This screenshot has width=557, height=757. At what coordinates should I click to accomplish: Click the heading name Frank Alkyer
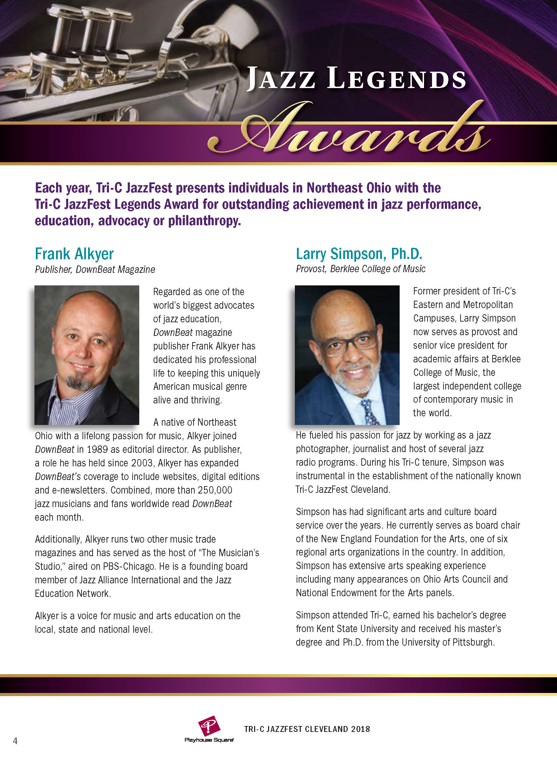click(74, 254)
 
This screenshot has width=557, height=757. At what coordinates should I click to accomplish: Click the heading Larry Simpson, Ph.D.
click(359, 254)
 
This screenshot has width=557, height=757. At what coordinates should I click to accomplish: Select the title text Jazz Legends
click(356, 79)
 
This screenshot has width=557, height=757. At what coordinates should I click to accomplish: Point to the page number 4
click(15, 740)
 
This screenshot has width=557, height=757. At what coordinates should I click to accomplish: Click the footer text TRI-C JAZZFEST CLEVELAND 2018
click(307, 729)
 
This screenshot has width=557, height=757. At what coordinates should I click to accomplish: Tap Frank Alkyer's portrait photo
click(87, 355)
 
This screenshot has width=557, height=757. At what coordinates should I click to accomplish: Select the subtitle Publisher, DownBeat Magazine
click(95, 269)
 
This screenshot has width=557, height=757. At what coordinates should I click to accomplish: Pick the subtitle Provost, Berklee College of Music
click(360, 269)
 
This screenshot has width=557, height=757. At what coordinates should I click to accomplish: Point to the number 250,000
click(215, 490)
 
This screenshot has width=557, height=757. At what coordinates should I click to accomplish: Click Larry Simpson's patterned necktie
click(369, 412)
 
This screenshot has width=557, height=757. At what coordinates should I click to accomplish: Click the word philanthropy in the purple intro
click(204, 221)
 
